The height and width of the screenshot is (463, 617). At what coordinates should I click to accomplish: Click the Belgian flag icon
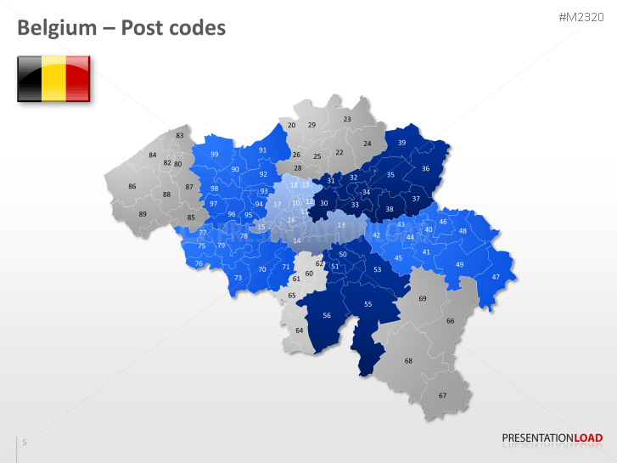click(x=53, y=78)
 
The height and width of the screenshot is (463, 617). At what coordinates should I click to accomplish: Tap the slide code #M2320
click(x=581, y=18)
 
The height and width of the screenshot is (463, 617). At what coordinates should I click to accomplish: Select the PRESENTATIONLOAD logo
click(x=552, y=438)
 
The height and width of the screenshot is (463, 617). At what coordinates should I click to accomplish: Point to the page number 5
click(x=25, y=442)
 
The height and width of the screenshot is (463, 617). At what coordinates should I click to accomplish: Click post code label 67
click(x=442, y=396)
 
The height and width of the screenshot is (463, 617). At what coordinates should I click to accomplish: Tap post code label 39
click(x=401, y=143)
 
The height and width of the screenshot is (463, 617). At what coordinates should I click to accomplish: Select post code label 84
click(x=153, y=155)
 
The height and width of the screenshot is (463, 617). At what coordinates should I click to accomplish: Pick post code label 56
click(x=327, y=314)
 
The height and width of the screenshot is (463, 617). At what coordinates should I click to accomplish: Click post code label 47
click(x=496, y=277)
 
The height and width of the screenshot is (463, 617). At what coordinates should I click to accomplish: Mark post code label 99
click(x=215, y=155)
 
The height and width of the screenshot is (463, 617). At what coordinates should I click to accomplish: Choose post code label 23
click(x=347, y=120)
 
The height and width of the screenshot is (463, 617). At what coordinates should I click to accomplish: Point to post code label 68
click(x=408, y=361)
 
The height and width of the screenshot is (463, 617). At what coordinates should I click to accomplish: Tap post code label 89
click(x=143, y=214)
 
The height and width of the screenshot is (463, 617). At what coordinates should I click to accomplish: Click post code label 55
click(x=367, y=304)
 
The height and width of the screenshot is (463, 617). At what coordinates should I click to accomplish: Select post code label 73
click(x=238, y=278)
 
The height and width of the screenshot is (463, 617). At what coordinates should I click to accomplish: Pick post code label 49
click(x=459, y=265)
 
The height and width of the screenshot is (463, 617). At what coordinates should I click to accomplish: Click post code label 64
click(x=299, y=330)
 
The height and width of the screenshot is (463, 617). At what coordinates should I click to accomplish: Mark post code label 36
click(x=425, y=168)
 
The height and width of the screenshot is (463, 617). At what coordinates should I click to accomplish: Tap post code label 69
click(x=423, y=298)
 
